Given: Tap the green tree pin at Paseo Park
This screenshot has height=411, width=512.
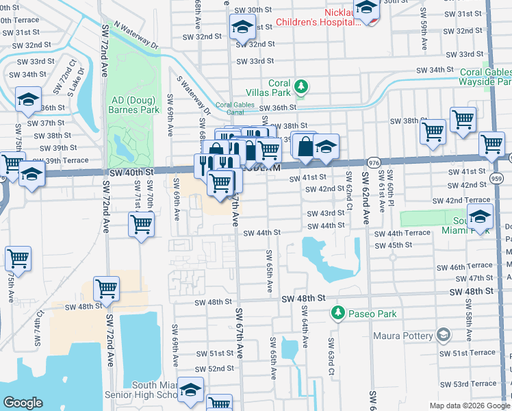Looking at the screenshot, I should tap(337, 313).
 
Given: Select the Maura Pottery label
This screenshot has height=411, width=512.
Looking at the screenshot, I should tap(403, 336).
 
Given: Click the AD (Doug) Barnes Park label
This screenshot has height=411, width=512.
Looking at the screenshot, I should tap(135, 104).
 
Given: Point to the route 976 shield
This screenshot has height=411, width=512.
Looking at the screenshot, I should tap(373, 162).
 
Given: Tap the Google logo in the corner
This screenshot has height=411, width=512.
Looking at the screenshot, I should tap(23, 402).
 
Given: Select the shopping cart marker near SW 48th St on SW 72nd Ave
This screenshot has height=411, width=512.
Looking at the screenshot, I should tap(107, 289).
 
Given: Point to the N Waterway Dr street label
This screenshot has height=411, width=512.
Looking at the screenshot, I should tap(136, 36).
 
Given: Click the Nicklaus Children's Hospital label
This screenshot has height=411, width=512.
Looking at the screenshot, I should tap(318, 17).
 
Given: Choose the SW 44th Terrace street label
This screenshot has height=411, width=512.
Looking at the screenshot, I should tap(402, 234).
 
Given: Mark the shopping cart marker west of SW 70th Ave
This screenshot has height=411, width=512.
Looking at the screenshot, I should tap(141, 223).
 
